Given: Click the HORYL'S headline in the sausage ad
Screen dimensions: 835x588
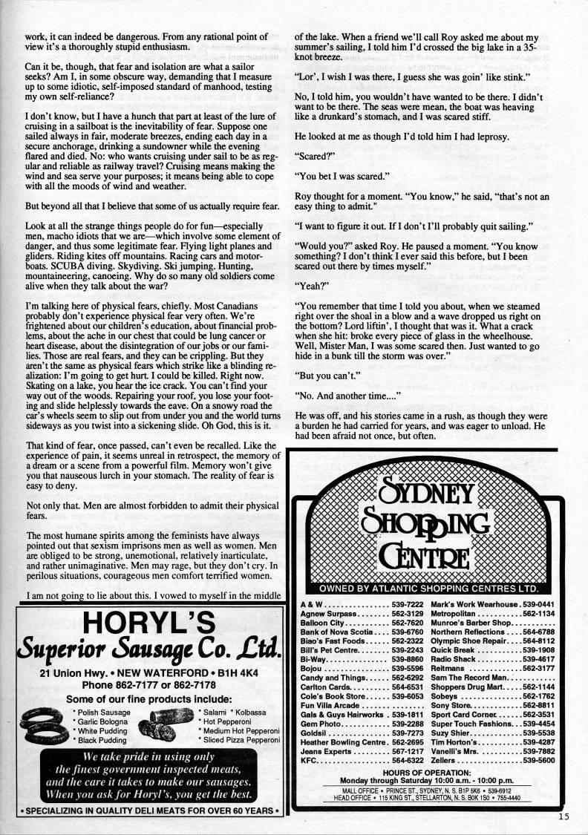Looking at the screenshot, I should click(148, 623).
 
